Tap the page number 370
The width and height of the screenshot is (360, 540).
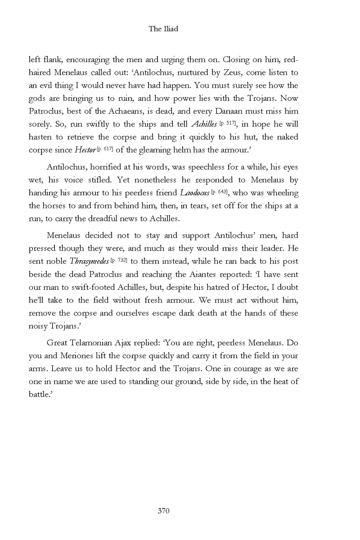(x=163, y=510)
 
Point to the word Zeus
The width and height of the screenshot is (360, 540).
(x=219, y=72)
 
